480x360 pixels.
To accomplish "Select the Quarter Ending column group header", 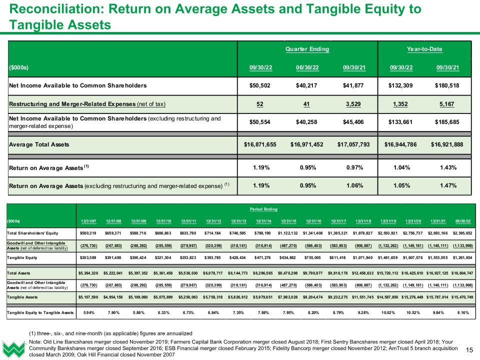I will click(x=307, y=49).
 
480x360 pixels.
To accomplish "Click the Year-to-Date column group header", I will click(x=424, y=49).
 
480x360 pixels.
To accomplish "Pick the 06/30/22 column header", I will click(x=307, y=67).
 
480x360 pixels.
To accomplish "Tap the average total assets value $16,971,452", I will click(x=307, y=145).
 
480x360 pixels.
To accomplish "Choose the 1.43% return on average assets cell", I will click(x=447, y=167).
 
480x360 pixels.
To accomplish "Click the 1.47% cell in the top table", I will click(x=447, y=185).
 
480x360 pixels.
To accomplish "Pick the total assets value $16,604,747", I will click(x=463, y=273).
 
